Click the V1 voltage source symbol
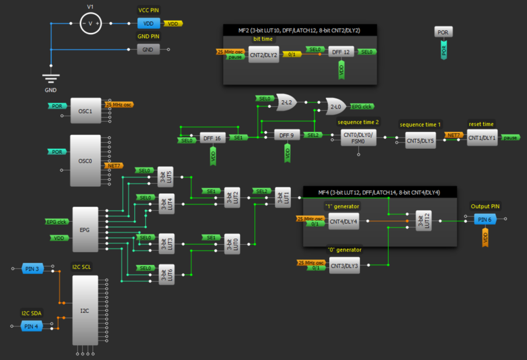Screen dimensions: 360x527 91,24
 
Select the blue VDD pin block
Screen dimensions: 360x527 149,24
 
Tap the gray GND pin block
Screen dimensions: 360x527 148,49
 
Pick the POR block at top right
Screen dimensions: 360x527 443,32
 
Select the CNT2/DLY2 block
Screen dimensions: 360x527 263,54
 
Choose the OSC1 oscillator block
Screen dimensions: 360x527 85,112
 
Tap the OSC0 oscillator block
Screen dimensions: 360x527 85,160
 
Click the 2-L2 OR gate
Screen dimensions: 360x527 286,102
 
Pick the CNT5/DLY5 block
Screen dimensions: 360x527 420,139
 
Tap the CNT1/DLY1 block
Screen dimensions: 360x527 482,137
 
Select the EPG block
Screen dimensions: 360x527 85,229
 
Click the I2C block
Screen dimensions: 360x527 85,310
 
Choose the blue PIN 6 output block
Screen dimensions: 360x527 484,220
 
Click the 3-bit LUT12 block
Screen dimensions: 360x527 422,221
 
